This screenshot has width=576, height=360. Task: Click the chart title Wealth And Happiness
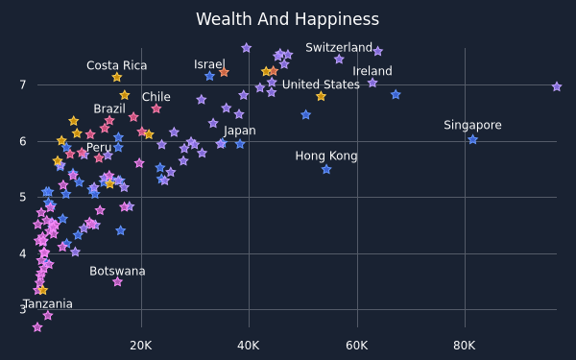(287, 19)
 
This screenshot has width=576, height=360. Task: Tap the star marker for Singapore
(472, 139)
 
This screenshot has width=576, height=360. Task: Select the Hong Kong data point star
(326, 169)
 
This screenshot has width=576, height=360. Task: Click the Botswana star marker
(117, 281)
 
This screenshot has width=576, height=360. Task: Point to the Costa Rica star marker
(117, 77)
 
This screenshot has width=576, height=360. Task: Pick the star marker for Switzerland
(377, 52)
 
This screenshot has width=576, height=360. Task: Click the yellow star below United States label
(321, 96)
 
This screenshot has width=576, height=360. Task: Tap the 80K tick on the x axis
(465, 346)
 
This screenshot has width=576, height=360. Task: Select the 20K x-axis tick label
(141, 346)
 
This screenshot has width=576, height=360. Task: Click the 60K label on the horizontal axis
(357, 346)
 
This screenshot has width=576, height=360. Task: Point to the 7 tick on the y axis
(23, 84)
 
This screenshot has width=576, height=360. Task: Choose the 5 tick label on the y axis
(23, 197)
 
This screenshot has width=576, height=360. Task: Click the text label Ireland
(372, 71)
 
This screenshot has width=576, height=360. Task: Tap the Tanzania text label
(48, 304)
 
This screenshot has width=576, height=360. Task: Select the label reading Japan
(239, 131)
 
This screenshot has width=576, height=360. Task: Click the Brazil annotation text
(109, 108)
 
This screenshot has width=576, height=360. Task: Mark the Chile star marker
(156, 108)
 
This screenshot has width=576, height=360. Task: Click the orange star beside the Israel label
(224, 72)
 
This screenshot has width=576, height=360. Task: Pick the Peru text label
(99, 147)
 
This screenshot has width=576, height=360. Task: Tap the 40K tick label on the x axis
(249, 346)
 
